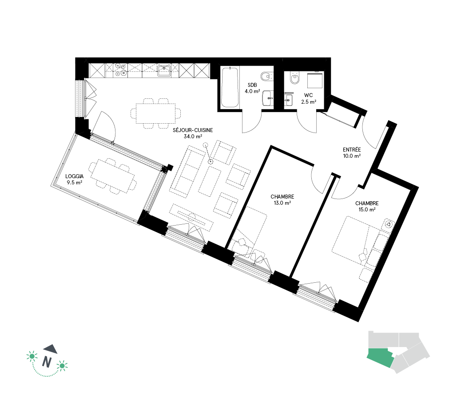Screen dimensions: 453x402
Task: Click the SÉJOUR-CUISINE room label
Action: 193,133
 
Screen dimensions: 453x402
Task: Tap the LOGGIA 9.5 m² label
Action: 75,179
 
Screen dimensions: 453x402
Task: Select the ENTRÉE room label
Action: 352,153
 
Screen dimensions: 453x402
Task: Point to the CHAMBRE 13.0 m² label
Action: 282,199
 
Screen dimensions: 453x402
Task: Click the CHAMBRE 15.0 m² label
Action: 367,206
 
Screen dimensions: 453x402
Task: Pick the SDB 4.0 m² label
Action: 252,88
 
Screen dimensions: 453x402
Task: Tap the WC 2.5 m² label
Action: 309,98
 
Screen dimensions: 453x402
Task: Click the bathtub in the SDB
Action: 230,87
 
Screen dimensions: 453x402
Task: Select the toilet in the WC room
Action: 295,77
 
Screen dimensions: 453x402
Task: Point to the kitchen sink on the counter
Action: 164,70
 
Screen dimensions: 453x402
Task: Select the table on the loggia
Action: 113,176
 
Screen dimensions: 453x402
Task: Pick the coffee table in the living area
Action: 210,182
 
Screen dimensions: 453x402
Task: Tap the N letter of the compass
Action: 47,362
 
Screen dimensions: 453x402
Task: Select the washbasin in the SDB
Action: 268,98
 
